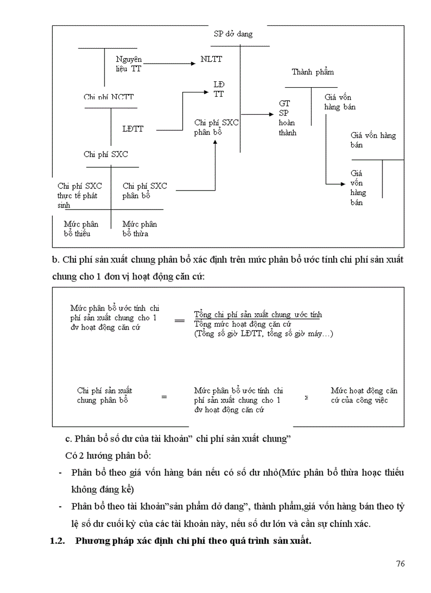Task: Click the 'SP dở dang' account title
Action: pos(233,34)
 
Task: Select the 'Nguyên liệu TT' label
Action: pos(129,64)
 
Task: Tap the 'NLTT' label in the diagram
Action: pos(212,60)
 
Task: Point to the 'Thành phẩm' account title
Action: pos(313,72)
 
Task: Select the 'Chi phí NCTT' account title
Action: pos(109,97)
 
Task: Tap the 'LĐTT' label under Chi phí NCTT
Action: pos(133,128)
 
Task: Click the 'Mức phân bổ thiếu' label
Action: pos(81,229)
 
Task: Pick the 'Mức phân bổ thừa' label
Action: pos(139,229)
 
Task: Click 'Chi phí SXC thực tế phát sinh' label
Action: pos(80,195)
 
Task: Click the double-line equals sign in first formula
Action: pos(180,320)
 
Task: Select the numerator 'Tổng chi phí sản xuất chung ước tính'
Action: pos(258,314)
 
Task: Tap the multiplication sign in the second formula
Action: pos(307,398)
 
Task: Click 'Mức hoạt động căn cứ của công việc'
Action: pos(364,396)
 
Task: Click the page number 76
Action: pos(400,563)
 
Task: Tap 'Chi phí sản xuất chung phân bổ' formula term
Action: pos(105,396)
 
